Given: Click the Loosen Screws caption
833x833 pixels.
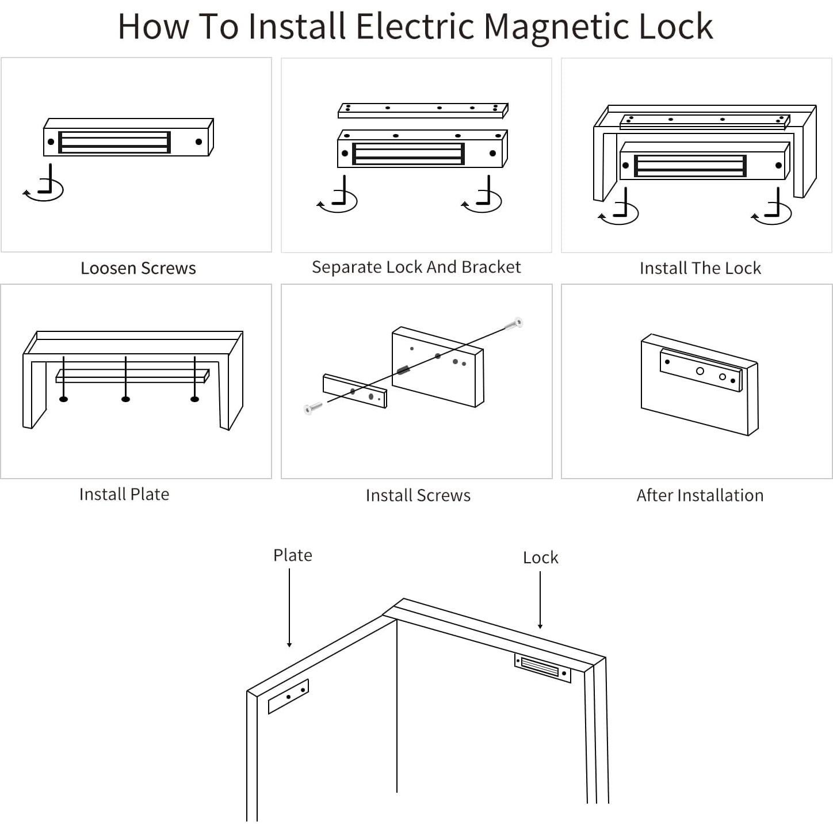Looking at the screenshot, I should point(138,268).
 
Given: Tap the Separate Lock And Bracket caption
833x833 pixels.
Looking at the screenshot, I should point(416,267).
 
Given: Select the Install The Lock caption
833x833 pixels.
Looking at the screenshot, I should point(700,268).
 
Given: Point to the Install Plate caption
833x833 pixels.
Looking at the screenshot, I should point(124,494).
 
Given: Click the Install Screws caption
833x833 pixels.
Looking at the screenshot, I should point(418,495).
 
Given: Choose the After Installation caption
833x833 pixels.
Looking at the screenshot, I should point(700,495).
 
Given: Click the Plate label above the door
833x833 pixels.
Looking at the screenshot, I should point(293,555).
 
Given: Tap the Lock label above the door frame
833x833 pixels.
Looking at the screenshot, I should point(540,557).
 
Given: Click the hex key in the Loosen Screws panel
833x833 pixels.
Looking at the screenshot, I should point(46,183).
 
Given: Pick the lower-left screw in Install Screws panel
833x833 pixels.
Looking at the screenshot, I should point(314,408).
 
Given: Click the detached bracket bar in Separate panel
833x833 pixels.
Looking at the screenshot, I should point(423,110).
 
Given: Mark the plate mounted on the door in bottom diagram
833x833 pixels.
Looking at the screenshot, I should point(288,696).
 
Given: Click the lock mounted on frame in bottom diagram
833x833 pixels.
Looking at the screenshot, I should point(542,668).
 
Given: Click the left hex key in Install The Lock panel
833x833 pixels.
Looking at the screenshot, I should point(621,207).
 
